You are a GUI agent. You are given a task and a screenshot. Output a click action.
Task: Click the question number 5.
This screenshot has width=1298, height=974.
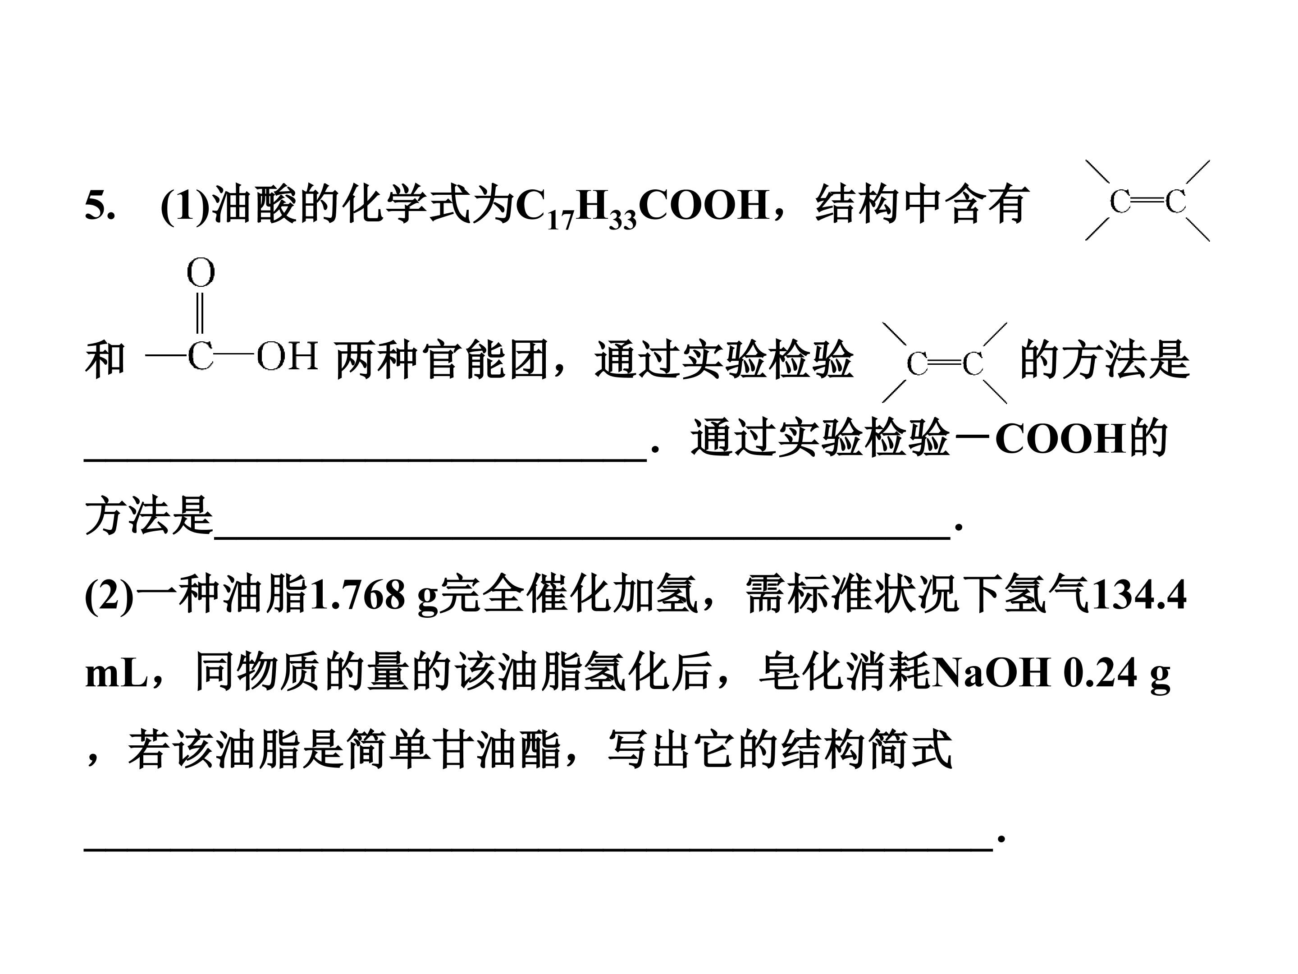[x=99, y=206]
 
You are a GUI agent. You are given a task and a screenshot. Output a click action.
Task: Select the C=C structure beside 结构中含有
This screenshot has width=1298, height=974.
[x=1147, y=201]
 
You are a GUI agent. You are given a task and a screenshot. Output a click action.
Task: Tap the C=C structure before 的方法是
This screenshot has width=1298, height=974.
[x=944, y=363]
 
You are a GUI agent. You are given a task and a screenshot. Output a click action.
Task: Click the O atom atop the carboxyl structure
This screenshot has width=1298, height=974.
[x=201, y=274]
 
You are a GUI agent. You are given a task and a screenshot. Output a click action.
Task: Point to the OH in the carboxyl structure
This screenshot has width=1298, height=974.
[x=288, y=356]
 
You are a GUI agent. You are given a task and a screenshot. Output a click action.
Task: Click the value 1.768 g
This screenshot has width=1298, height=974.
[x=373, y=597]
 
